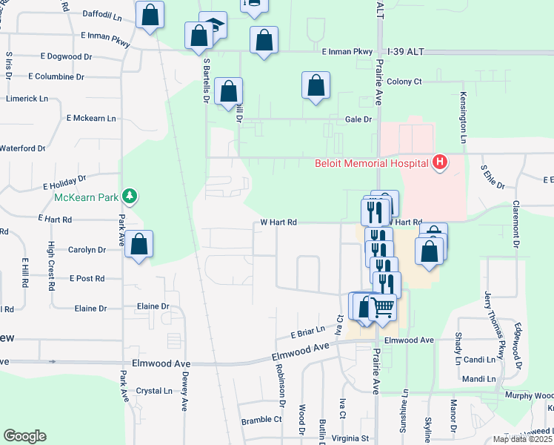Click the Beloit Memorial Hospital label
(x=372, y=163)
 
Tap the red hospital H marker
(x=440, y=162)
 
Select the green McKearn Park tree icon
(x=130, y=197)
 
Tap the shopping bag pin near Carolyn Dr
(x=138, y=244)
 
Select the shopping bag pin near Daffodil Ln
(x=150, y=15)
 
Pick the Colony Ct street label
(x=404, y=82)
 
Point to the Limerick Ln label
(x=26, y=98)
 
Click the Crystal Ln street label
(x=154, y=390)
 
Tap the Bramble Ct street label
(x=261, y=420)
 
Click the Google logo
(x=24, y=436)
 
